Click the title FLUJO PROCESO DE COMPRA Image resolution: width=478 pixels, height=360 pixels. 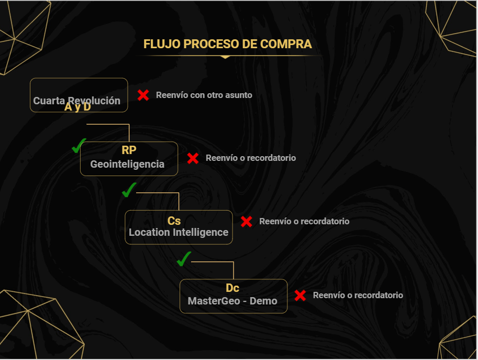[x=227, y=44]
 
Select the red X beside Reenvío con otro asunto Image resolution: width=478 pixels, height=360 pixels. [x=143, y=95]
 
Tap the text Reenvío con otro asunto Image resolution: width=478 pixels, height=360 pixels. [x=204, y=95]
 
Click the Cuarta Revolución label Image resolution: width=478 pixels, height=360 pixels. [x=76, y=101]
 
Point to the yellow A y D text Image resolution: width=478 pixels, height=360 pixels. [x=77, y=107]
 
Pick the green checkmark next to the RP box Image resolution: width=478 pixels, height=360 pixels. [x=79, y=146]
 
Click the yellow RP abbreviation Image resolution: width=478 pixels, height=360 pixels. [x=129, y=150]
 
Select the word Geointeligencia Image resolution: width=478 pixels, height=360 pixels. [x=127, y=164]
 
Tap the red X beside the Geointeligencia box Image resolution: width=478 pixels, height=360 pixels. [x=193, y=158]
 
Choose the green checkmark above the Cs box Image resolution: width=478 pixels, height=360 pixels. [x=129, y=190]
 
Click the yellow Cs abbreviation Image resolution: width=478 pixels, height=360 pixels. [x=174, y=221]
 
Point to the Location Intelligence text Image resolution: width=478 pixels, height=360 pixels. [x=179, y=232]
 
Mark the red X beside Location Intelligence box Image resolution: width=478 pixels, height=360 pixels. [x=246, y=222]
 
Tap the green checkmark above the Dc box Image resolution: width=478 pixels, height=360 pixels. [x=184, y=259]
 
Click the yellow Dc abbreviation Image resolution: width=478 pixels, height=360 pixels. [x=232, y=288]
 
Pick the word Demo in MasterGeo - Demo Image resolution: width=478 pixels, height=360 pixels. [x=263, y=301]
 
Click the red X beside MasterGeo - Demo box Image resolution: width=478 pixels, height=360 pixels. [x=300, y=296]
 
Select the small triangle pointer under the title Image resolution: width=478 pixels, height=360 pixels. [x=225, y=57]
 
